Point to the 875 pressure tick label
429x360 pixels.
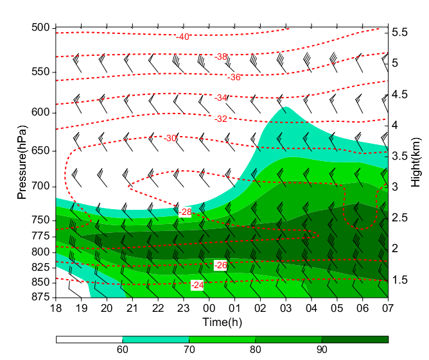tap(40, 297)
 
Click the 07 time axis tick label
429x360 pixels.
tap(388, 308)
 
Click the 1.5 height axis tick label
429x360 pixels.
tap(401, 280)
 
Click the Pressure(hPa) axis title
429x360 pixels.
tap(21, 163)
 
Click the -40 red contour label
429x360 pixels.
tap(183, 37)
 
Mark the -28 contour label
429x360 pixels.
tap(184, 212)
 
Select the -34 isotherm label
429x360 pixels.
tap(221, 98)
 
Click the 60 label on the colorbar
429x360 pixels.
tap(122, 350)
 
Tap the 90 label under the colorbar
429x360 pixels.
tap(322, 350)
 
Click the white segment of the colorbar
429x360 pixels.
tap(89, 339)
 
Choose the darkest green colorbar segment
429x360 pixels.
tap(355, 339)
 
